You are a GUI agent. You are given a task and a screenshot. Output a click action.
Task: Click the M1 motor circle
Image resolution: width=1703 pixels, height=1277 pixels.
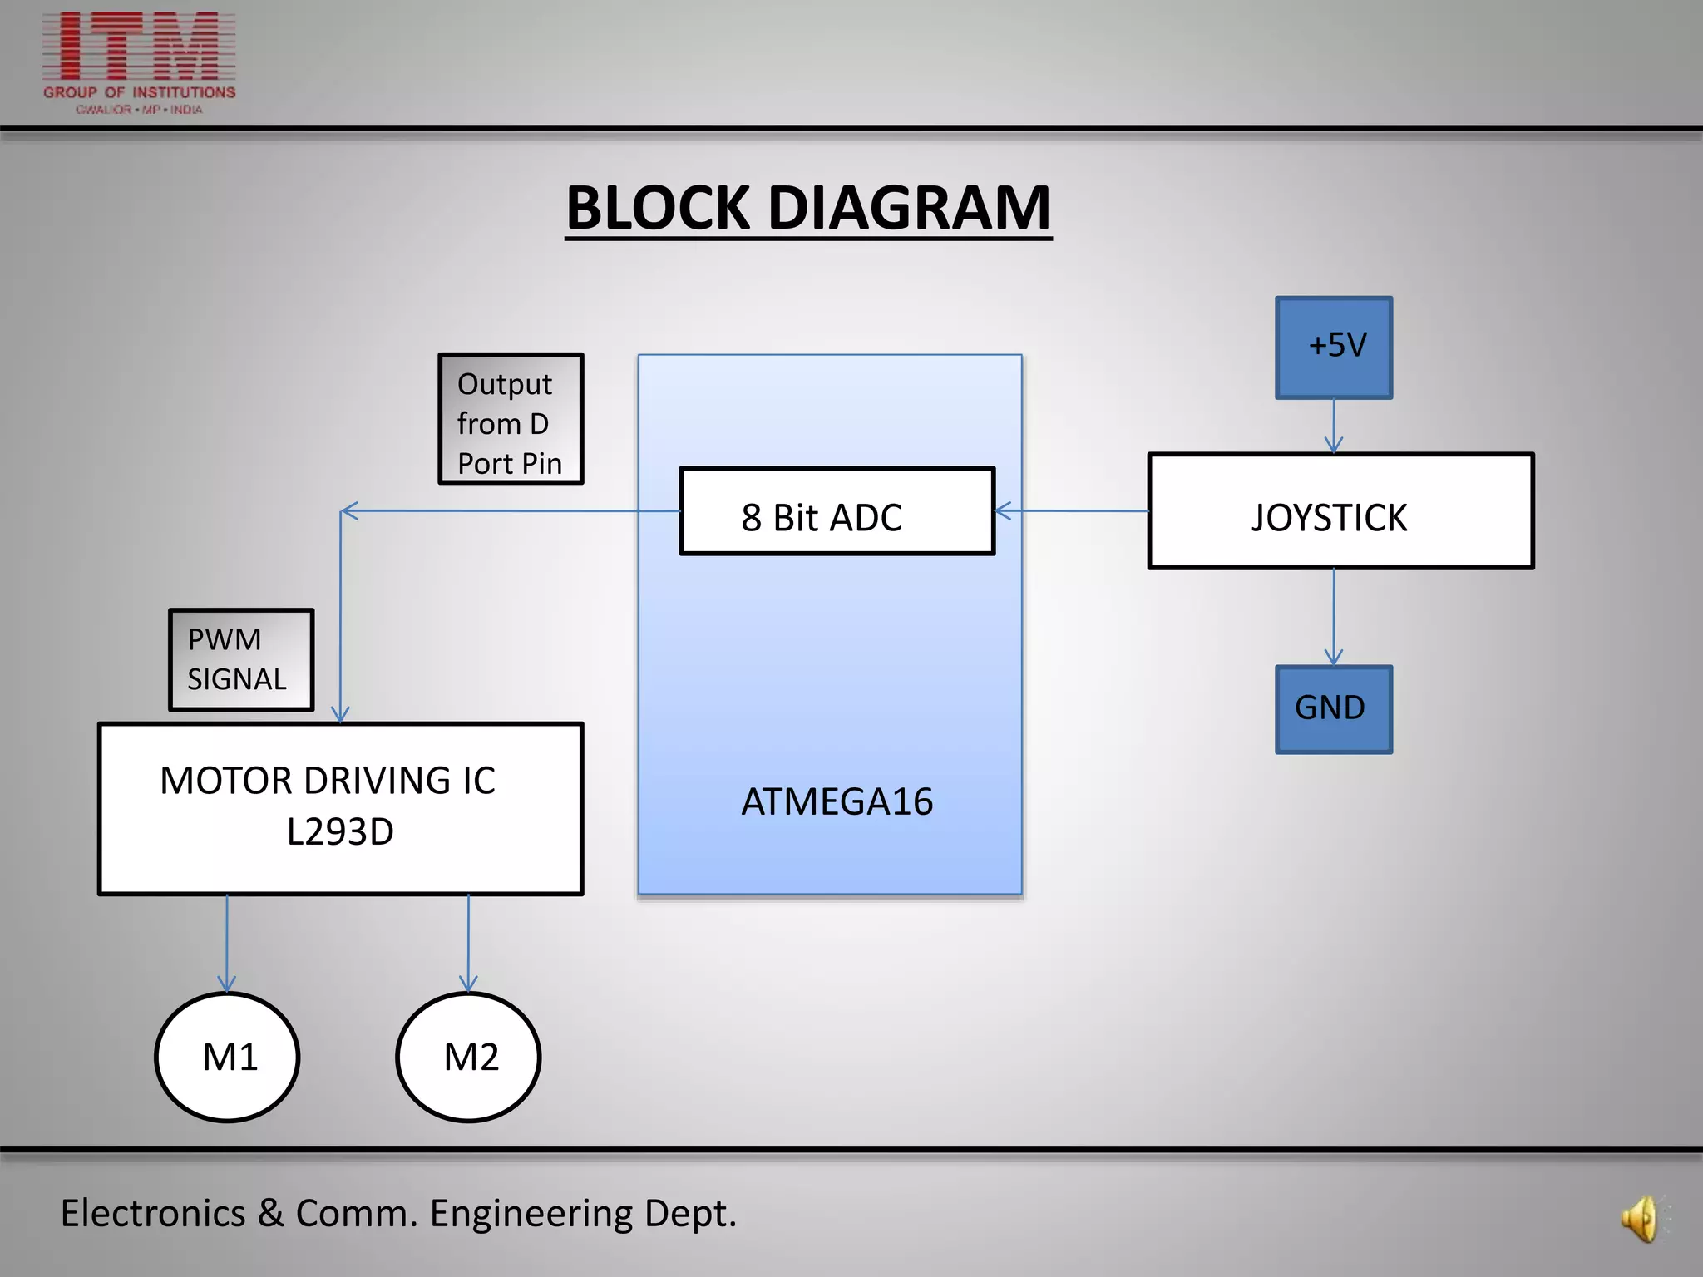coord(227,1057)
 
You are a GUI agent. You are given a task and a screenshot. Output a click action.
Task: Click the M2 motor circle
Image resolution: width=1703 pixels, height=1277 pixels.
coord(468,1057)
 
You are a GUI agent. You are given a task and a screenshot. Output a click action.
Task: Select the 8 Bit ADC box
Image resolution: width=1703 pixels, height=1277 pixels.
coord(837,510)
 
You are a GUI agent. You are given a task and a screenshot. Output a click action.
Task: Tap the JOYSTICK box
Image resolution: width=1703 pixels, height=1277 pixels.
coord(1340,511)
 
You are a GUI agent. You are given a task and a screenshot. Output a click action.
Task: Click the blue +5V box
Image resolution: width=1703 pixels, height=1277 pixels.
coord(1334,348)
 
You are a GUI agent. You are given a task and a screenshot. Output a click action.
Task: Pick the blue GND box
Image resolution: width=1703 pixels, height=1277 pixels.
coord(1333,709)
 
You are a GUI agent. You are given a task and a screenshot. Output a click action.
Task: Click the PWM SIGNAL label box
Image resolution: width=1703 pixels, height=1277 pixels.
coord(241,660)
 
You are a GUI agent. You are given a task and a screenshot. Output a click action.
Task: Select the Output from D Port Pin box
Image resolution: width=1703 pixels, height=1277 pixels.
coord(511,419)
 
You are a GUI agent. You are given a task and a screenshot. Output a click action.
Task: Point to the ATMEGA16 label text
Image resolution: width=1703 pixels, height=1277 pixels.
coord(837,802)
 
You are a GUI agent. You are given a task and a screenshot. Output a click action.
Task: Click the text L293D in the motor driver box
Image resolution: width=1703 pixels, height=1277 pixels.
coord(340,832)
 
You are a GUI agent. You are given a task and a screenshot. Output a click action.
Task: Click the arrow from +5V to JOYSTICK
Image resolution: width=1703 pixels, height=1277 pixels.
coord(1334,426)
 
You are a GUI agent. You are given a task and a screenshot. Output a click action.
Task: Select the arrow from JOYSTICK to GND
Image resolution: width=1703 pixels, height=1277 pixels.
coord(1334,617)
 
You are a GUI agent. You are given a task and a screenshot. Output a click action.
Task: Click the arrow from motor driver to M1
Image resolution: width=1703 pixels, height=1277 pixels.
coord(227,944)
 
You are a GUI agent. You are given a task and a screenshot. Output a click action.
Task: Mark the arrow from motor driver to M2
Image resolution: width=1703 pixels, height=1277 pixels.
coord(468,944)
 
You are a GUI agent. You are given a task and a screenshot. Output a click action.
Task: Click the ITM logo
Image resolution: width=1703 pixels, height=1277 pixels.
coord(140,62)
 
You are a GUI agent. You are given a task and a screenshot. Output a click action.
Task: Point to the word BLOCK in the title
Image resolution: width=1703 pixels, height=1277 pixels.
coord(658,208)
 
